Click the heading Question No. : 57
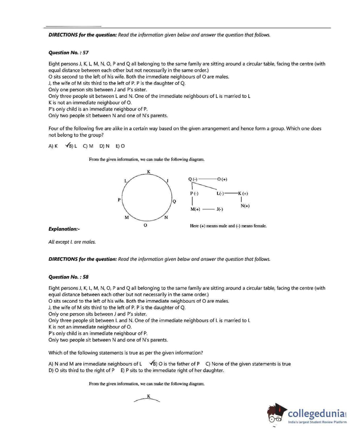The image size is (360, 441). point(69,53)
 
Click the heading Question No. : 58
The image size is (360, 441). point(69,277)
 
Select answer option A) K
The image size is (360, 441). point(53,146)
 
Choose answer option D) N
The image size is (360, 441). point(104,146)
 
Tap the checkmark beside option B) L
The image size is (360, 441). point(67,146)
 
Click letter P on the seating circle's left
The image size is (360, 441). point(119,200)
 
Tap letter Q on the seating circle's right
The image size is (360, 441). point(174,202)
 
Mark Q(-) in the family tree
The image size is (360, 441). point(193,179)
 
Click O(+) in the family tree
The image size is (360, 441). point(222,179)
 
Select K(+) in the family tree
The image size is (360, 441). point(243,193)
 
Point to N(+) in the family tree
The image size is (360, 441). point(245,206)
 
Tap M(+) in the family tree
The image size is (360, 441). point(195,209)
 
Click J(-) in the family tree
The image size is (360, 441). point(219,209)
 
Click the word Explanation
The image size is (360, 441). point(64,229)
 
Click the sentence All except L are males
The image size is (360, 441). point(72,242)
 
